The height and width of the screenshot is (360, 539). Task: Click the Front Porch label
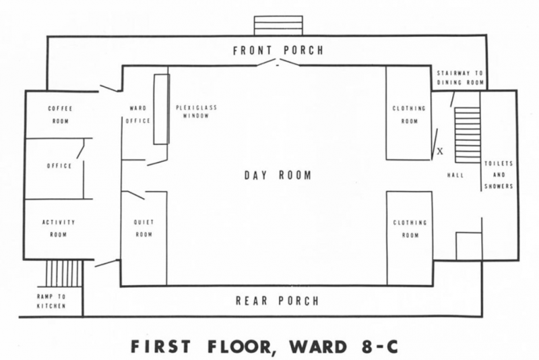(278, 51)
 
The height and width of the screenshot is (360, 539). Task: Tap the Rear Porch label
(278, 301)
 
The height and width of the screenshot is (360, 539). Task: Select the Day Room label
(278, 175)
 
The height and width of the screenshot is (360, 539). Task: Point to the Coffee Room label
(61, 115)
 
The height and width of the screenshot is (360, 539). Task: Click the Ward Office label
(138, 115)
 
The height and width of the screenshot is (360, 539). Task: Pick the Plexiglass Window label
(196, 112)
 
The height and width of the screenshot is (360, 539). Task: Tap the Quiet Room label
(144, 229)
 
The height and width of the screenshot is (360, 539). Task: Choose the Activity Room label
(59, 229)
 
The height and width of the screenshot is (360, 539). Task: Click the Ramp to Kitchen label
(51, 301)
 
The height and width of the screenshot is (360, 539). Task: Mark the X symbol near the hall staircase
(440, 151)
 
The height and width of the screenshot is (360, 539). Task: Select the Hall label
(455, 175)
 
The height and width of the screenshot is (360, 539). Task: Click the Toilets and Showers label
(499, 175)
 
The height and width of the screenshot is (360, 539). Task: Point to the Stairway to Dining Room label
(460, 78)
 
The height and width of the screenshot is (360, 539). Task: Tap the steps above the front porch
(278, 26)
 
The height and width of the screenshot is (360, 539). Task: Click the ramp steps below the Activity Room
(64, 273)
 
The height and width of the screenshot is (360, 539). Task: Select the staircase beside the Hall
(467, 135)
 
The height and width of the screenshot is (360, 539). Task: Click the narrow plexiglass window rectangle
(161, 109)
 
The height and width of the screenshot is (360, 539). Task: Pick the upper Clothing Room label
(409, 115)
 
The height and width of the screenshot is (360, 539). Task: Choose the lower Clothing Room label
(410, 229)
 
